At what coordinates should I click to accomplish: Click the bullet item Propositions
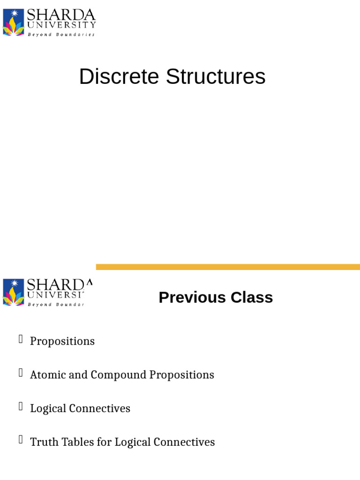click(x=62, y=341)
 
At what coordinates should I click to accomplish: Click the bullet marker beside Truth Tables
click(x=21, y=440)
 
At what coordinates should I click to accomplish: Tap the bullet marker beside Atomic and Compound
click(x=21, y=373)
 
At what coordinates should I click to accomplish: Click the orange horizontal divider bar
click(x=228, y=267)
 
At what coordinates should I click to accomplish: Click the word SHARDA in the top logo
click(x=61, y=15)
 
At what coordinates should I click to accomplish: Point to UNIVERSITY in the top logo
click(x=61, y=25)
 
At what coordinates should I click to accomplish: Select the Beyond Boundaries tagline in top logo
click(x=61, y=34)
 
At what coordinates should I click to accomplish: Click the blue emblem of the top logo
click(x=13, y=22)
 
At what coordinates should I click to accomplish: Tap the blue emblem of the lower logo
click(x=13, y=292)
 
